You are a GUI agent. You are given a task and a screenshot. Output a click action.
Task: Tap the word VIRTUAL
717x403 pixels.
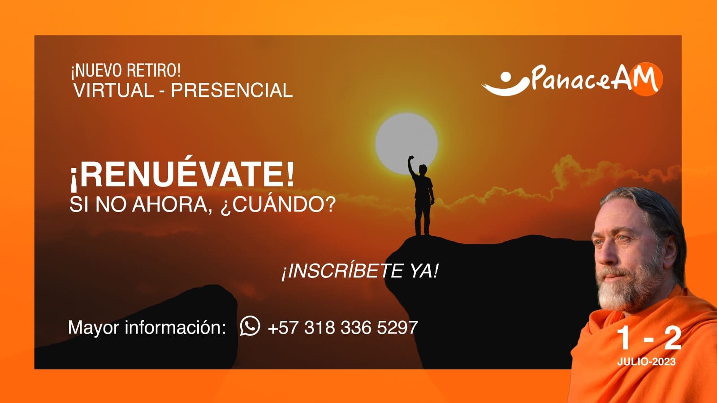pyautogui.click(x=114, y=90)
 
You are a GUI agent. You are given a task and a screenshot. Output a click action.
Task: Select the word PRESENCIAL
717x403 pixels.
pyautogui.click(x=232, y=90)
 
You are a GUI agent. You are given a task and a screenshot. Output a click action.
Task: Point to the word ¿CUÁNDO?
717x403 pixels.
pyautogui.click(x=278, y=204)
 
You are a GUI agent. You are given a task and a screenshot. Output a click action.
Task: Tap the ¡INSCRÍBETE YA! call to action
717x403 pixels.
pyautogui.click(x=359, y=272)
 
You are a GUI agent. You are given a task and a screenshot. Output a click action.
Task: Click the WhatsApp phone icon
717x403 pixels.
pyautogui.click(x=250, y=326)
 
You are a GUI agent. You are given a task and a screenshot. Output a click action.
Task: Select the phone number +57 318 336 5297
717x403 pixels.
pyautogui.click(x=343, y=327)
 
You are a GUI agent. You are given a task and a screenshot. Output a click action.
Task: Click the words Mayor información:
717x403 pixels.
pyautogui.click(x=147, y=327)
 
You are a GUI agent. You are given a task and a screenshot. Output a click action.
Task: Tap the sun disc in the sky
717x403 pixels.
pyautogui.click(x=406, y=143)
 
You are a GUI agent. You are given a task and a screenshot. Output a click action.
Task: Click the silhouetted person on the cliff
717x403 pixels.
pyautogui.click(x=422, y=196)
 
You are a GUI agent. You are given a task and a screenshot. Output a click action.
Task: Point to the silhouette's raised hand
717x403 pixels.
pyautogui.click(x=411, y=158)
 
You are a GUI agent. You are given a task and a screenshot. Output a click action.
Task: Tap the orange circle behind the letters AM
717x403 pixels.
pyautogui.click(x=646, y=79)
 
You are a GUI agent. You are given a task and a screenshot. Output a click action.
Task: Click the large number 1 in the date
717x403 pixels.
pyautogui.click(x=624, y=338)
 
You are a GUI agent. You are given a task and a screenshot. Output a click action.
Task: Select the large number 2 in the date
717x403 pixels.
pyautogui.click(x=673, y=338)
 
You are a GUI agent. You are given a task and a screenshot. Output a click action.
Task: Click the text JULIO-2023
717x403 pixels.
pyautogui.click(x=646, y=362)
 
